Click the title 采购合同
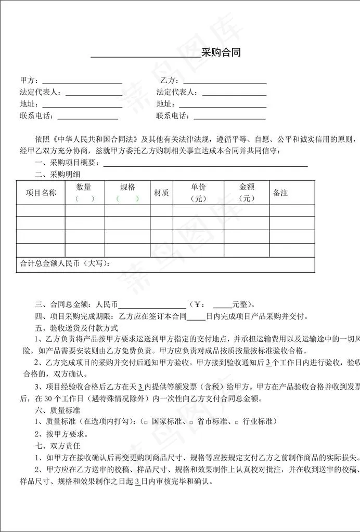221,52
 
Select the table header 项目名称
41,193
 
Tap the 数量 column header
84,187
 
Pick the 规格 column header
127,187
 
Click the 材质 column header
161,193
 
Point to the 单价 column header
198,187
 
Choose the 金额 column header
246,187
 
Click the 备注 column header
280,193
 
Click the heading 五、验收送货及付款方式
76,328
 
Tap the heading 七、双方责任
57,446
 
